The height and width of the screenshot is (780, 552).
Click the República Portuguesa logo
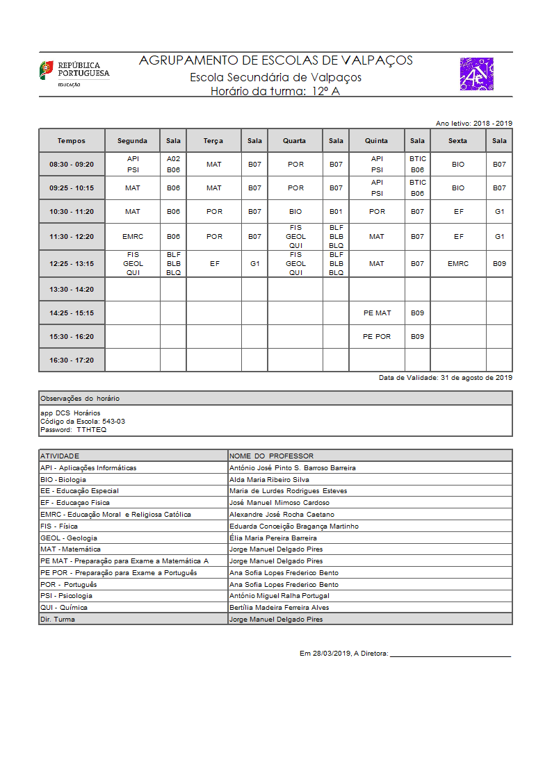point(74,73)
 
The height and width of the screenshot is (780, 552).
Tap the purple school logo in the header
point(476,74)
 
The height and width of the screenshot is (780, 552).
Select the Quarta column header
point(294,140)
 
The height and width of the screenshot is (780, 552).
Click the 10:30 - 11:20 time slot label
point(72,211)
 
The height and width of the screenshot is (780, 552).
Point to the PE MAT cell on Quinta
point(377,313)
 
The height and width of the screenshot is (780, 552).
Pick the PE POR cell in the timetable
point(377,336)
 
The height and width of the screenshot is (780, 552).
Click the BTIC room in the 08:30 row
point(417,159)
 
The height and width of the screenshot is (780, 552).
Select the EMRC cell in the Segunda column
point(132,237)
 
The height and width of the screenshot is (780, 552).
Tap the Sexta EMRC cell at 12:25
point(458,263)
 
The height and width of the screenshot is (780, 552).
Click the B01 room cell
point(336,211)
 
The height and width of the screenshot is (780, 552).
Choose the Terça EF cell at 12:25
point(213,263)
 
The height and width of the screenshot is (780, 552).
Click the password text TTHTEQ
point(92,430)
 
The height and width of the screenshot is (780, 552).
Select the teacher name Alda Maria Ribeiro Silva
point(269,479)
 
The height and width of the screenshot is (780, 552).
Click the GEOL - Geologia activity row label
point(69,538)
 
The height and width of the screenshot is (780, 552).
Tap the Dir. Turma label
point(57,619)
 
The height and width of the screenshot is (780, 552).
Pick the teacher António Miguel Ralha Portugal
point(279,595)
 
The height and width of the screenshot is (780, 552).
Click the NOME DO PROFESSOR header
point(271,456)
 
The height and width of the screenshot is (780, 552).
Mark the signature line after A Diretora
point(450,654)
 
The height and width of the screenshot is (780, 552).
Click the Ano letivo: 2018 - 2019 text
point(473,123)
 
